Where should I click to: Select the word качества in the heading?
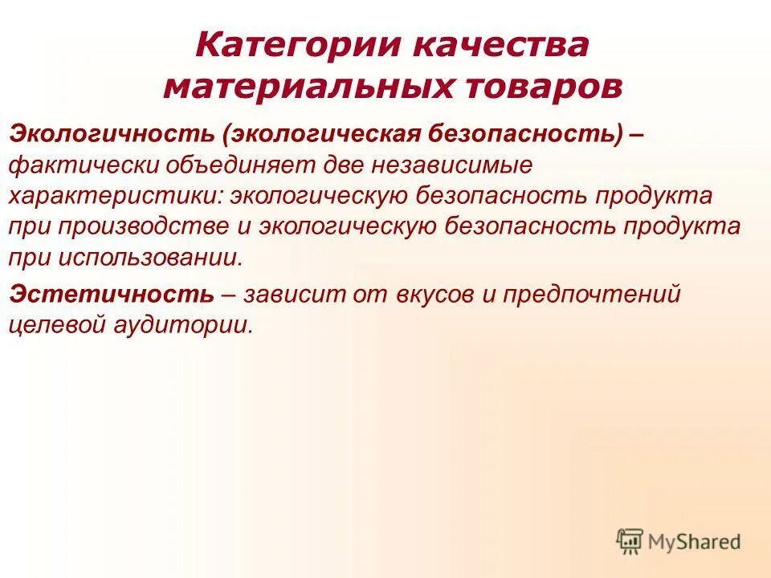coord(499,46)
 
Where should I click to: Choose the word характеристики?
coord(113,196)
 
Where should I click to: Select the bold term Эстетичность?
coord(112,295)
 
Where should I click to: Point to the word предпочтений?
coord(593,295)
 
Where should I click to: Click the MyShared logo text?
coord(696,542)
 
